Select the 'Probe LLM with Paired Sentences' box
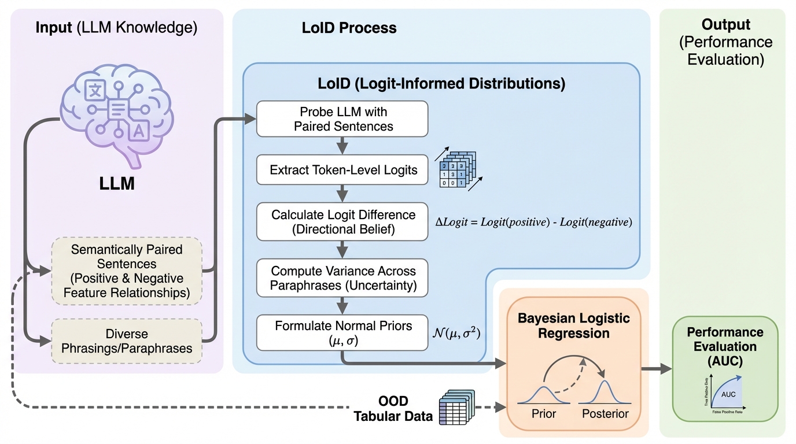point(342,119)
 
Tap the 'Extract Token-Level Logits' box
point(342,171)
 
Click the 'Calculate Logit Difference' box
point(342,221)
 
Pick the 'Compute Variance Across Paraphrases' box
point(342,278)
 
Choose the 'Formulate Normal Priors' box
point(342,332)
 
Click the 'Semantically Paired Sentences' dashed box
point(127,271)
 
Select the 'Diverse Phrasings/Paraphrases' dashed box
point(127,342)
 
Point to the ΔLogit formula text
point(533,222)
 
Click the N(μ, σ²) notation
point(457,333)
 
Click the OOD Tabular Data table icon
point(457,408)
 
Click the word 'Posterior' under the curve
point(605,414)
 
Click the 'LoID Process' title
point(349,28)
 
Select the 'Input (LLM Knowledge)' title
point(116,28)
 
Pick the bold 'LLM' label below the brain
point(117,184)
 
